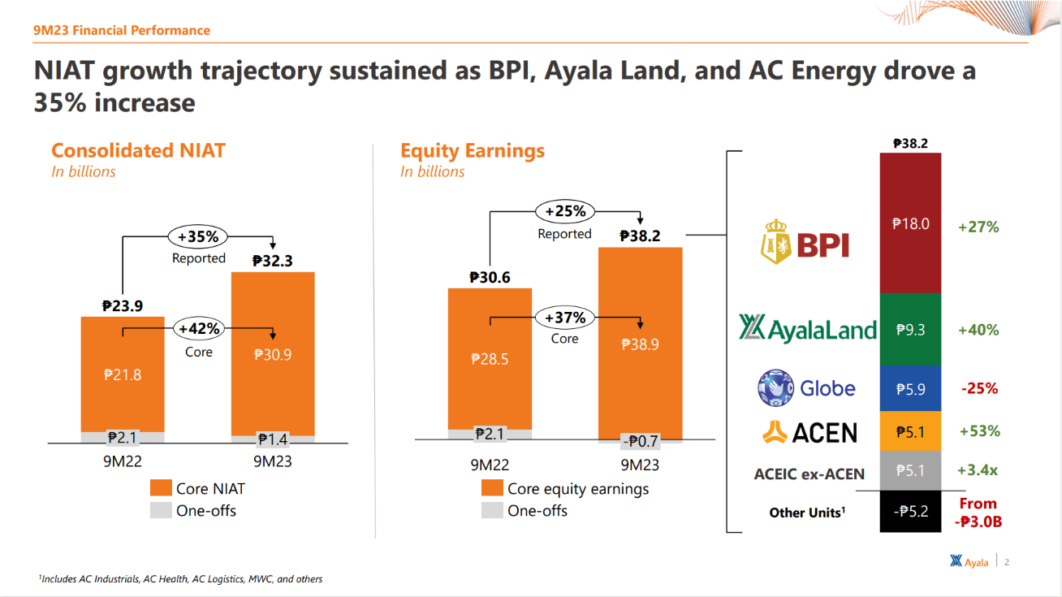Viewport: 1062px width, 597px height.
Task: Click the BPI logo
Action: [805, 241]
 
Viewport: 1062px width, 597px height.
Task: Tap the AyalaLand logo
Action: [808, 329]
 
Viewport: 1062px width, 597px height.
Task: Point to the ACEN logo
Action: [809, 431]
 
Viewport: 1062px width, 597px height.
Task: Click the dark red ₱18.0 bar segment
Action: [910, 223]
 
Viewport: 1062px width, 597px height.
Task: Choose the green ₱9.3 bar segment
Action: [910, 330]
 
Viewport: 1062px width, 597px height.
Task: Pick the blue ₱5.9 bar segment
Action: [910, 389]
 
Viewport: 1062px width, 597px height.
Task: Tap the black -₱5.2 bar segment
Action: [910, 512]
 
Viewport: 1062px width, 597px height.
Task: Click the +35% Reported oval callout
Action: [198, 237]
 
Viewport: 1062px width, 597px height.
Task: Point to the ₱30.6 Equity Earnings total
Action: [490, 278]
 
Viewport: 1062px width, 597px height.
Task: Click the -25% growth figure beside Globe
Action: [979, 388]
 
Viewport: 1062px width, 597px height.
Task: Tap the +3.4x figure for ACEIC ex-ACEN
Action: [979, 471]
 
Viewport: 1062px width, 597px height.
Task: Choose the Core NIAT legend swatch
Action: [162, 488]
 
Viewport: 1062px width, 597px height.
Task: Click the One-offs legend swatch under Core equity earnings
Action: [492, 511]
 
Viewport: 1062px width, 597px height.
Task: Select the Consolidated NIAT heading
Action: [138, 151]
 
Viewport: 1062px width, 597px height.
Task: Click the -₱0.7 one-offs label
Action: [640, 442]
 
